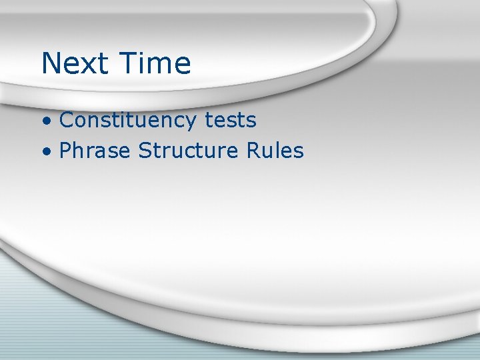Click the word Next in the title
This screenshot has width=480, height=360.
point(75,63)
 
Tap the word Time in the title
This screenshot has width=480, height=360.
point(155,63)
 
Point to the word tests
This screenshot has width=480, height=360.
point(230,121)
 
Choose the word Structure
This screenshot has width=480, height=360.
point(188,151)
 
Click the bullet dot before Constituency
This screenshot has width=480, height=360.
point(46,122)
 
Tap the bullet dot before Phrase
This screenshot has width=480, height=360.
point(46,153)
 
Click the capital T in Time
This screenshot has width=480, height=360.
point(130,63)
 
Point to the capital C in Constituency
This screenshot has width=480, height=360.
point(67,121)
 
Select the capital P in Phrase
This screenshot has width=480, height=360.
point(65,151)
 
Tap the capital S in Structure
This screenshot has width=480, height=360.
point(145,151)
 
